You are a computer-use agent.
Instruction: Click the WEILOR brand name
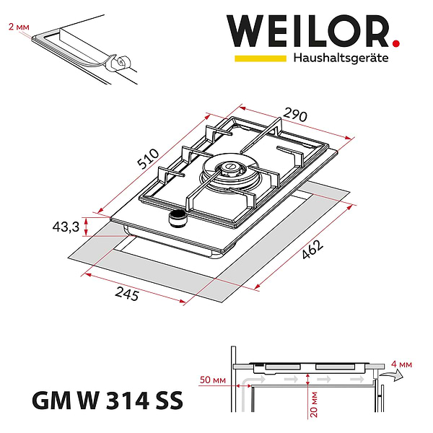pyautogui.click(x=307, y=32)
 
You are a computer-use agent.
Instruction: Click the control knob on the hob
pyautogui.click(x=177, y=218)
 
